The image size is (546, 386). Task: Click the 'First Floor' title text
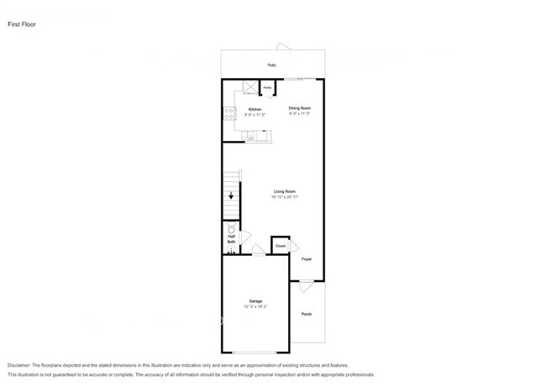[21, 25]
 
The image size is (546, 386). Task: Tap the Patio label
[272, 65]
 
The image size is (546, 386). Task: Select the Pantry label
[267, 87]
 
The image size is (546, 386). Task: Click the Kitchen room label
[255, 109]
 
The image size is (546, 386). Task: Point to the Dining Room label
[300, 108]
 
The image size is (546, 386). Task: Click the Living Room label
[284, 192]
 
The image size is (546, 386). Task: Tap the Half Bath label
[231, 239]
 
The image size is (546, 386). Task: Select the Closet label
[280, 246]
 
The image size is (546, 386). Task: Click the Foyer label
[307, 259]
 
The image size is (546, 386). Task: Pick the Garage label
[255, 301]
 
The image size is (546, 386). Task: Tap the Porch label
[307, 314]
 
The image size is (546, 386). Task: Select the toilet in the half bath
[231, 227]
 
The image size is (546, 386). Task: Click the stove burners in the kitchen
[228, 117]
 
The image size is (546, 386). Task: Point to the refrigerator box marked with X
[249, 86]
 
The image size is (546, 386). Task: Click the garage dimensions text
[255, 308]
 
